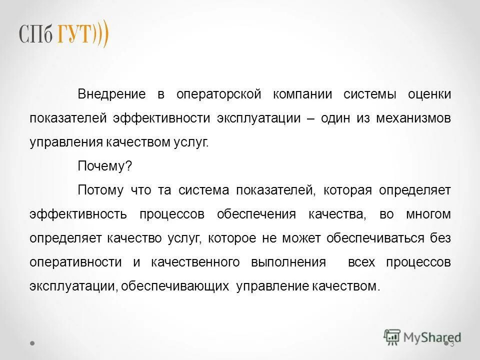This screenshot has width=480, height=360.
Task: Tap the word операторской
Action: tap(219, 94)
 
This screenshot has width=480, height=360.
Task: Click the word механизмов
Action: tap(413, 118)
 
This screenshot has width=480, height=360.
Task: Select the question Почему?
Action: tap(104, 166)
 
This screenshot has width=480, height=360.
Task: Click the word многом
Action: tap(428, 214)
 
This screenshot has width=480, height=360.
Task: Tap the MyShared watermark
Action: tap(422, 336)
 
